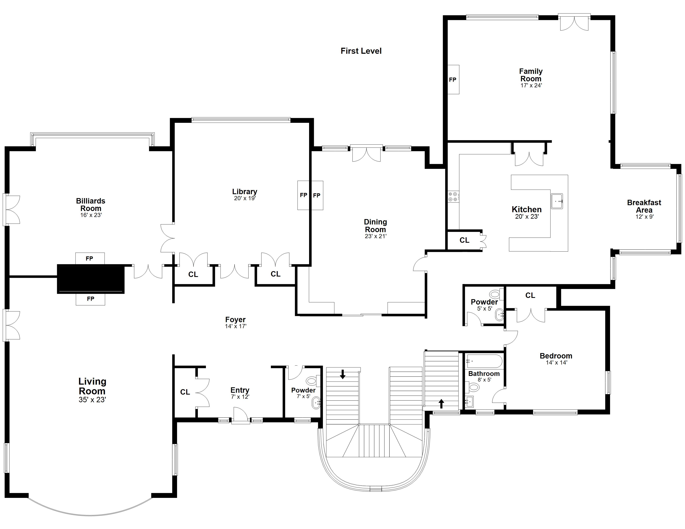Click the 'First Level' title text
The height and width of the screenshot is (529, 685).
pos(361,51)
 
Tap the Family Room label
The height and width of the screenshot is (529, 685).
pos(531,75)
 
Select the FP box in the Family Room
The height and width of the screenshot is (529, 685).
pos(453,80)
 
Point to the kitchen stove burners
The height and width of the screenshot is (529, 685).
pos(453,196)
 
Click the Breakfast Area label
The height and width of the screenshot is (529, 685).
pos(644,206)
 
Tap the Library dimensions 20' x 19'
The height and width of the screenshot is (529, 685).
pos(245,198)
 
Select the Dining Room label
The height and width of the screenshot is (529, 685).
pos(376,226)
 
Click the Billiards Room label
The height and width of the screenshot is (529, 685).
pos(91,205)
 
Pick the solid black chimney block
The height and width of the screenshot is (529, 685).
pos(91,279)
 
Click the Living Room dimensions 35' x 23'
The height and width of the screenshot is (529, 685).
pos(92,400)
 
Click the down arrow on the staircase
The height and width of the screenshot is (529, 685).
pos(342,374)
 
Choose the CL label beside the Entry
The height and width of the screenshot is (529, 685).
pos(185,392)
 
